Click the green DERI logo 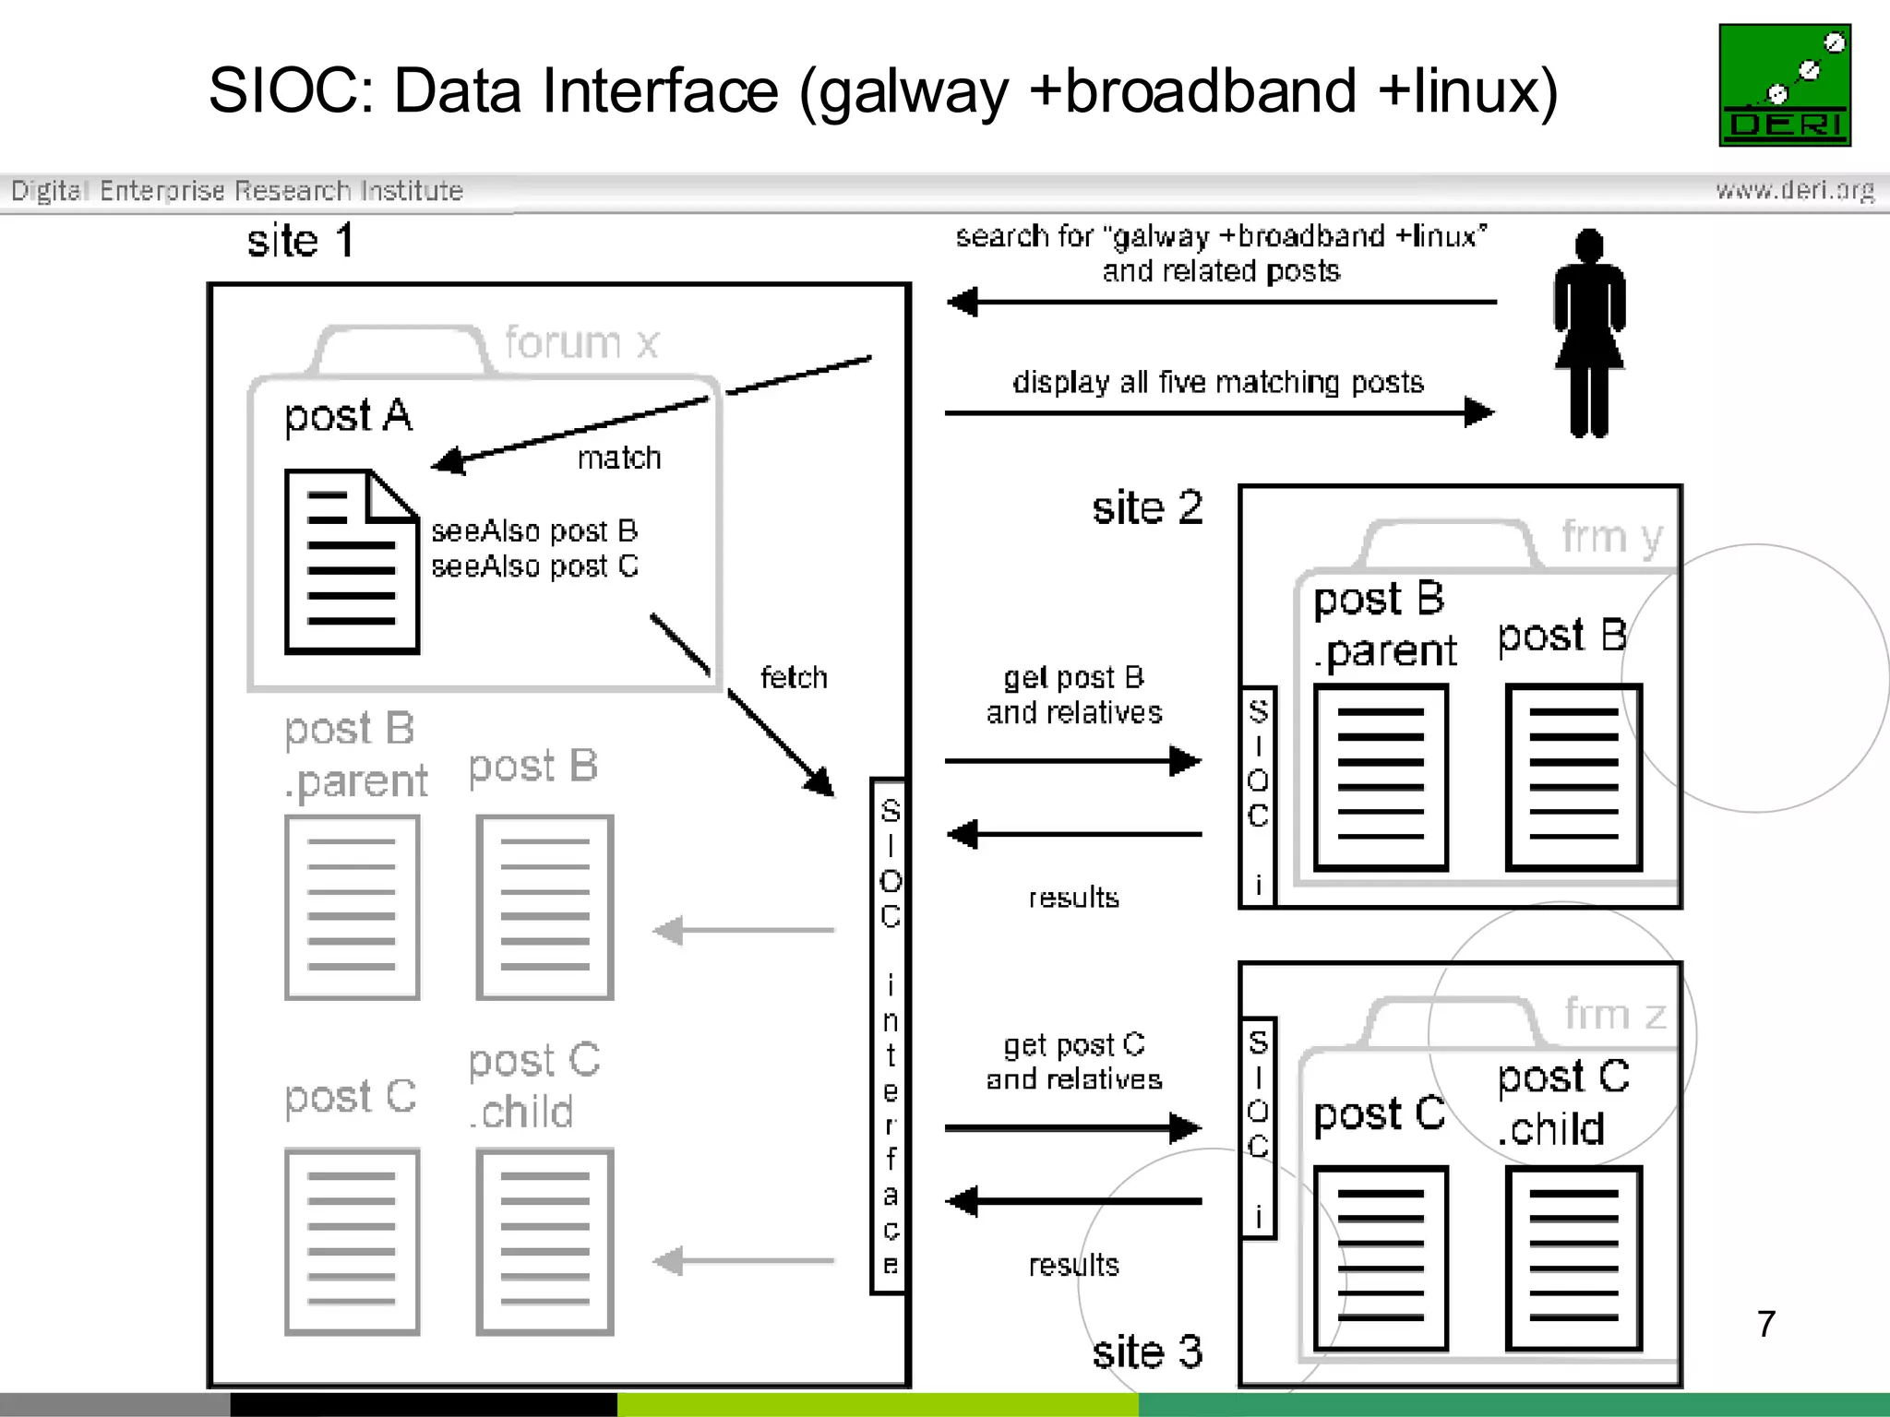(1785, 85)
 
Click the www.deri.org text (1794, 191)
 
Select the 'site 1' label (300, 242)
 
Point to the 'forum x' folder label (581, 343)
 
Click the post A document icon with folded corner (352, 561)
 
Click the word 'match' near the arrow (619, 458)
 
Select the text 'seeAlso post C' (534, 566)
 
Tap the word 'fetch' (794, 677)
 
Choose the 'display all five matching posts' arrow (1218, 412)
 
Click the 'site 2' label (1147, 508)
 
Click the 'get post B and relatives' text (1074, 695)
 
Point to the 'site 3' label (1147, 1352)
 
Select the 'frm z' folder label (1615, 1014)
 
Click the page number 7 (1765, 1324)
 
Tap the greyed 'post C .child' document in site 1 (544, 1241)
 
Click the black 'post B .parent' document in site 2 (1381, 777)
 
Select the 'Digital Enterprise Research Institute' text (237, 191)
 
